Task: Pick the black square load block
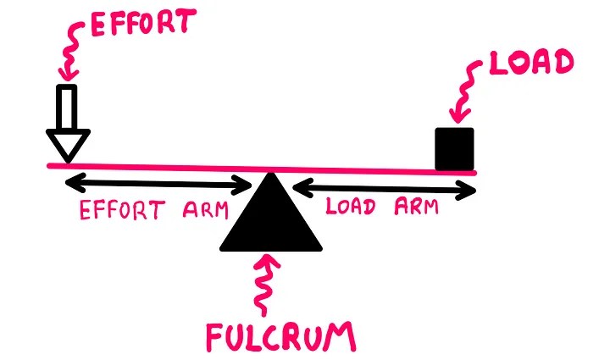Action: point(453,148)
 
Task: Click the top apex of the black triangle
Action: point(270,175)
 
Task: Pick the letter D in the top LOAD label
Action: point(561,66)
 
